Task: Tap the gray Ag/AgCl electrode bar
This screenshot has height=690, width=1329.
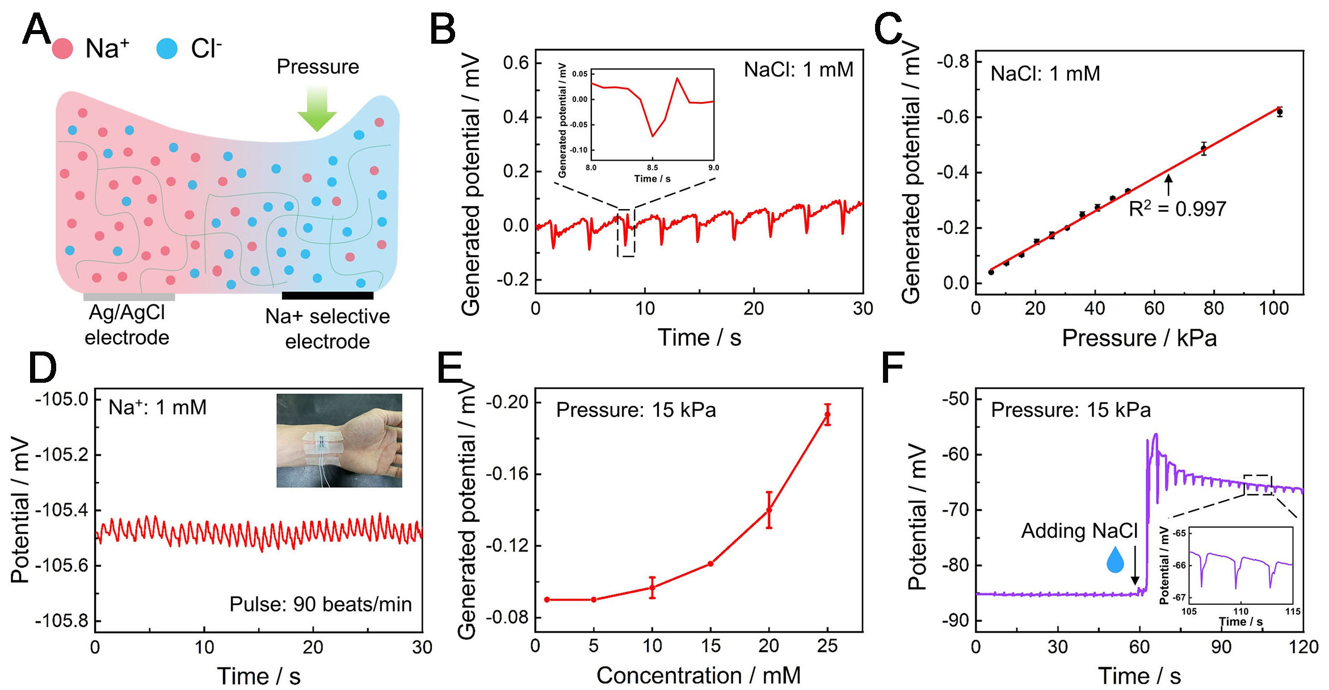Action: point(129,296)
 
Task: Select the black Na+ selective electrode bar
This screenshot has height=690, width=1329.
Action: point(327,295)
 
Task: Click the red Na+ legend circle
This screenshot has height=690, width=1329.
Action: point(62,49)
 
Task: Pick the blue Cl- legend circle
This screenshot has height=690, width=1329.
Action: point(167,49)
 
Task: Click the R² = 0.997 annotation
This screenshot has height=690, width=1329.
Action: point(1177,209)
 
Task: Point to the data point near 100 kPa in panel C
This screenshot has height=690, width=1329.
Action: point(1280,112)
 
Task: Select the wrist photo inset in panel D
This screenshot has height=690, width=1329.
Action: point(339,440)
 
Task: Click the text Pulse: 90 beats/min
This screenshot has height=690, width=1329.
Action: point(321,604)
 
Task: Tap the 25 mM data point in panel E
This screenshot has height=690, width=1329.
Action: point(827,415)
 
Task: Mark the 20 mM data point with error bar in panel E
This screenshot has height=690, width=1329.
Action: point(769,509)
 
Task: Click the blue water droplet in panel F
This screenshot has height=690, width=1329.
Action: point(1115,560)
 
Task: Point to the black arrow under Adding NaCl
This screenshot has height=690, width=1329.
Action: point(1135,565)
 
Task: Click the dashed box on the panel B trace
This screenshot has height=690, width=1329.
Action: point(626,233)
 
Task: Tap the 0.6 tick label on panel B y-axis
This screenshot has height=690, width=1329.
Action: point(515,62)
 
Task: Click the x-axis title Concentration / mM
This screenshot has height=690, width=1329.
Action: point(699,675)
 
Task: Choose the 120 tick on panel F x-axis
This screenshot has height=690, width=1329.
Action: point(1303,647)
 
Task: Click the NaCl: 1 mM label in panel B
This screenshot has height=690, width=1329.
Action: point(798,70)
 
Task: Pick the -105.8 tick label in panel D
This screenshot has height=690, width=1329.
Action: point(62,620)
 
